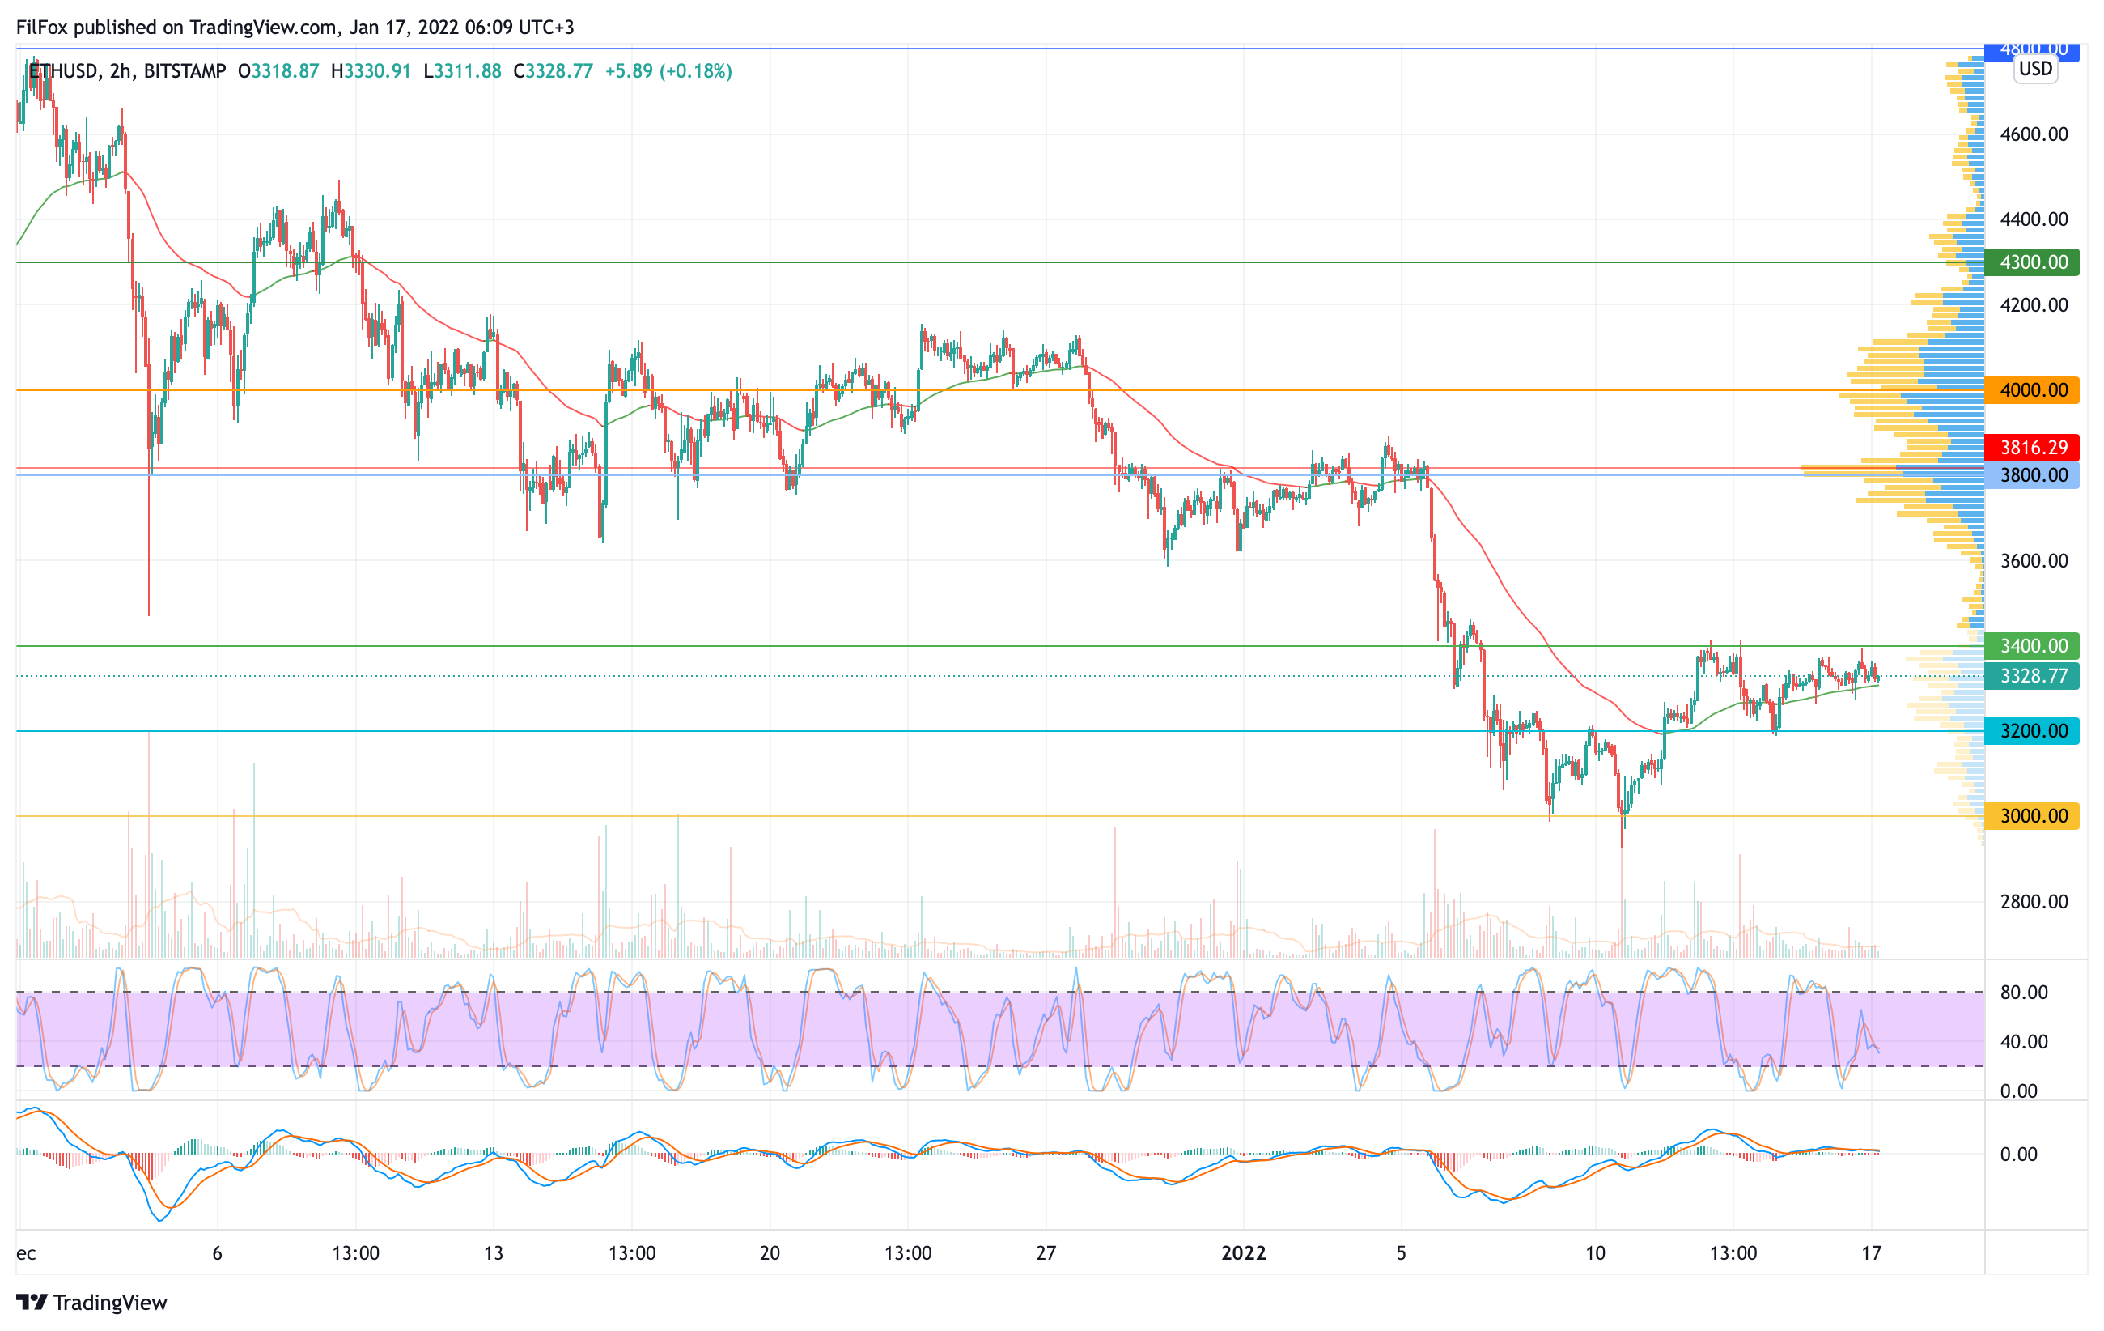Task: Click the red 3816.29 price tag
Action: (x=2032, y=448)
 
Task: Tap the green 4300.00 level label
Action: (x=2032, y=262)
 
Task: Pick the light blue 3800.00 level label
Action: (x=2032, y=475)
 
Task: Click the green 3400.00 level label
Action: (x=2032, y=646)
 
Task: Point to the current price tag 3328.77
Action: (x=2032, y=675)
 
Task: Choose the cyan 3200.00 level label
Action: (x=2032, y=730)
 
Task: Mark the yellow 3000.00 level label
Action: (x=2032, y=816)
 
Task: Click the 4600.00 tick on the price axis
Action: (x=2034, y=134)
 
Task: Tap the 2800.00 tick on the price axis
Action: (x=2034, y=902)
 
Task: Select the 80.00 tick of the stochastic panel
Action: (x=2024, y=993)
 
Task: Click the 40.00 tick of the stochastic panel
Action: (x=2024, y=1042)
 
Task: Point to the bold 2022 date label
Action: (x=1243, y=1253)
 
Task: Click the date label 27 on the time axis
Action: (x=1046, y=1253)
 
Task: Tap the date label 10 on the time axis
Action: (x=1596, y=1253)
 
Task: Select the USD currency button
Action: (x=2036, y=69)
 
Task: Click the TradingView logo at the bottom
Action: (x=91, y=1302)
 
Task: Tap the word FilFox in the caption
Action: (x=42, y=27)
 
